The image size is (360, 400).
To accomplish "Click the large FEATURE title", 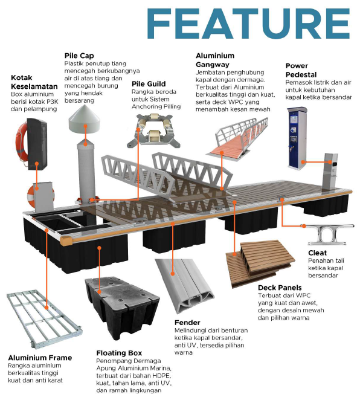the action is coord(248,24).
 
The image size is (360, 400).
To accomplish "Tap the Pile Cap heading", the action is coord(79,56).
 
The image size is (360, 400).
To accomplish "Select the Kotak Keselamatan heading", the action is coord(34,82).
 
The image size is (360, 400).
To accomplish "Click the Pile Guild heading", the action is coord(149,84).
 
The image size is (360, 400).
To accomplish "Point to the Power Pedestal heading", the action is coord(301,70).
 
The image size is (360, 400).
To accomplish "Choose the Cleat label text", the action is coord(318,253).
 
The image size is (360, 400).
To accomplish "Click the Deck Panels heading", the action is coord(280,288).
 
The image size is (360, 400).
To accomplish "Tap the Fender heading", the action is coord(187,323).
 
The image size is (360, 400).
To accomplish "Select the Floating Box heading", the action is coord(119,353).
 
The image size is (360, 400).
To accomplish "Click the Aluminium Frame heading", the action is coord(40,358).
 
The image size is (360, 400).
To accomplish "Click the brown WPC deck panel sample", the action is coord(260,263).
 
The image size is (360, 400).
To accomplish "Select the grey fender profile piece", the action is coord(184,286).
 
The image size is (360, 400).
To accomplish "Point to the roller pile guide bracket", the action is coord(153,131).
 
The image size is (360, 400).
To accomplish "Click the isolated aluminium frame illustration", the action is coord(44,319).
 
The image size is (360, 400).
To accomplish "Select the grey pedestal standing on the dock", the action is coord(330,172).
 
